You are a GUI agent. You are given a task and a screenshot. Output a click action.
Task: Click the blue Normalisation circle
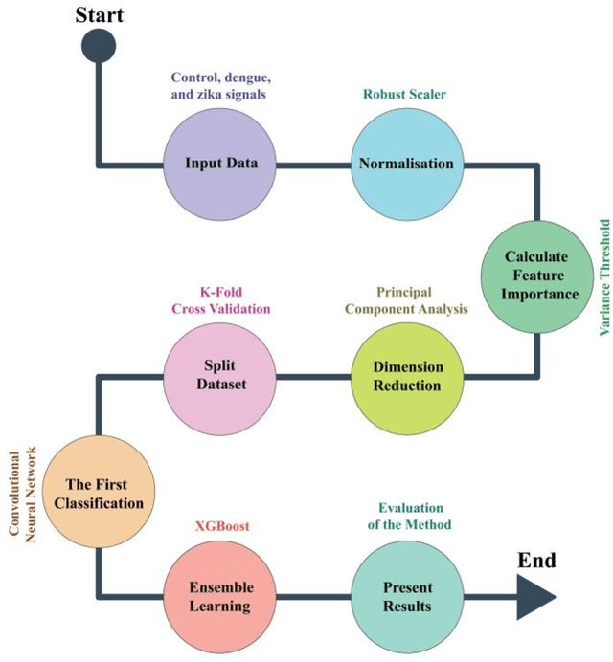405,163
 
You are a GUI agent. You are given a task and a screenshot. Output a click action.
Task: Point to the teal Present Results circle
408,596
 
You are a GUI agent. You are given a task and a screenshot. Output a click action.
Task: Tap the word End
536,560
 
